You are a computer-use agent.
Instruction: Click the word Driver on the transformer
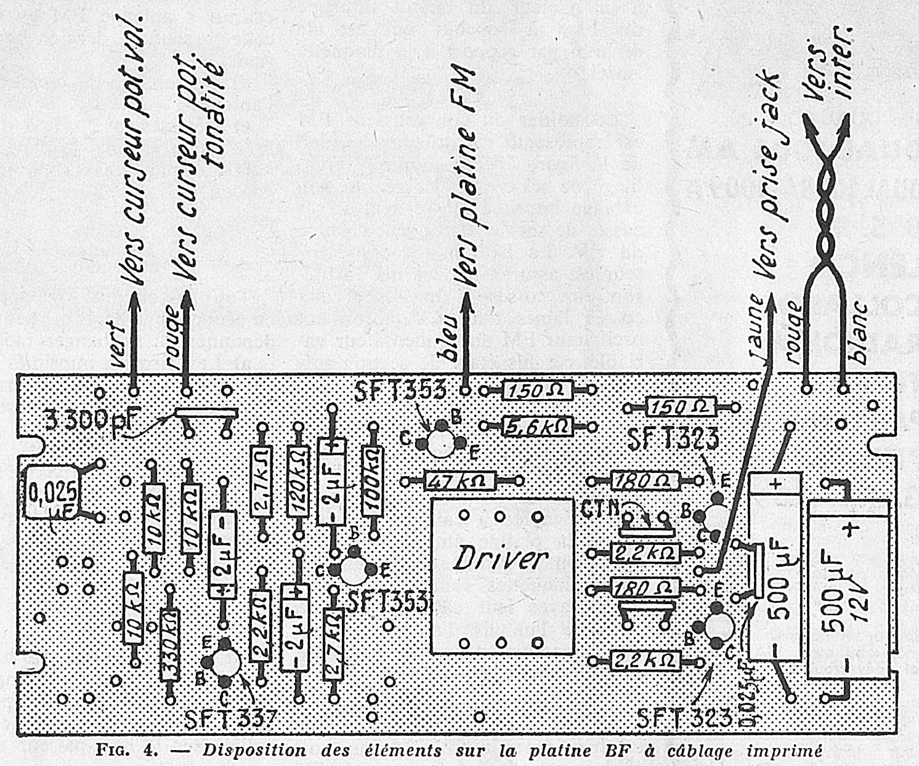500,558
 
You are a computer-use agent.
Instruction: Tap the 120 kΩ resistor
298,480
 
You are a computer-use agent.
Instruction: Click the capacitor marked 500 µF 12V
848,589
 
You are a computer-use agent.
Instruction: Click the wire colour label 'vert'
117,346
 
